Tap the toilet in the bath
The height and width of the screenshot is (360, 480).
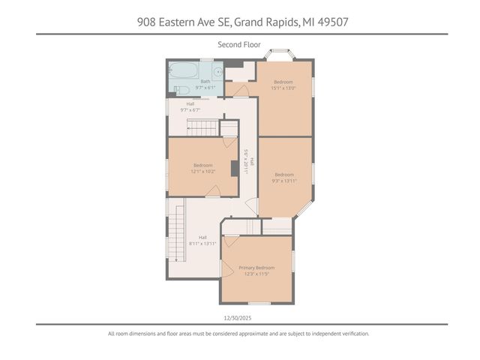(180, 91)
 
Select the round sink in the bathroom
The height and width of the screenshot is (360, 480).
(217, 73)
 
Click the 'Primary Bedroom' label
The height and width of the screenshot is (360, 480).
(256, 268)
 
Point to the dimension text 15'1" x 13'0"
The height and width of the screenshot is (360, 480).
(283, 88)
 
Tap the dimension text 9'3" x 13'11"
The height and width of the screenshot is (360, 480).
(283, 181)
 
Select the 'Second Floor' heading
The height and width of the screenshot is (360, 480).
(239, 45)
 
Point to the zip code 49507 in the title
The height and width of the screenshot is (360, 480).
(331, 22)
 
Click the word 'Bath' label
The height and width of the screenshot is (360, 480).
(205, 81)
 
